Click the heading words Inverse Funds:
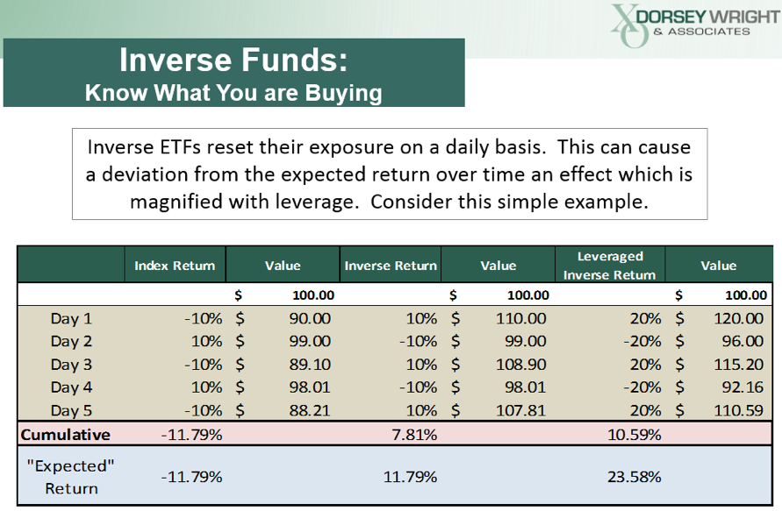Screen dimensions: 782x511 (x=233, y=60)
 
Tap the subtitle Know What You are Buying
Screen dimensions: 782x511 (x=233, y=93)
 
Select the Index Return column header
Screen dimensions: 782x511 (x=175, y=266)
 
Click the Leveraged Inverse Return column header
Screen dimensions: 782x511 (x=609, y=266)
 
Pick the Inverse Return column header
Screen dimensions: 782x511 (x=391, y=266)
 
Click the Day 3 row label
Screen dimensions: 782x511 (x=71, y=364)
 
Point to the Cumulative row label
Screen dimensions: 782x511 (x=65, y=434)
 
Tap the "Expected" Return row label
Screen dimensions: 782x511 (x=71, y=477)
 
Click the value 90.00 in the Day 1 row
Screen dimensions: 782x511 (x=310, y=318)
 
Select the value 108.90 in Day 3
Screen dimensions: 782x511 (x=520, y=364)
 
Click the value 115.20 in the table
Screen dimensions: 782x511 (x=738, y=364)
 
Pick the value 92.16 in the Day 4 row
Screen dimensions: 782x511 (x=743, y=387)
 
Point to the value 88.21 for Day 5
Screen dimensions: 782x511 (x=310, y=410)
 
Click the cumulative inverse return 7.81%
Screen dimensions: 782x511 (x=414, y=434)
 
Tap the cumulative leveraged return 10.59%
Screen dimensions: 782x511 (x=634, y=434)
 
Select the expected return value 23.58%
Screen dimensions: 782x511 (x=634, y=477)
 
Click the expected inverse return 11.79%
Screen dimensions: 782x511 (x=410, y=477)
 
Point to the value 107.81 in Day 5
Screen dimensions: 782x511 (x=520, y=410)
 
